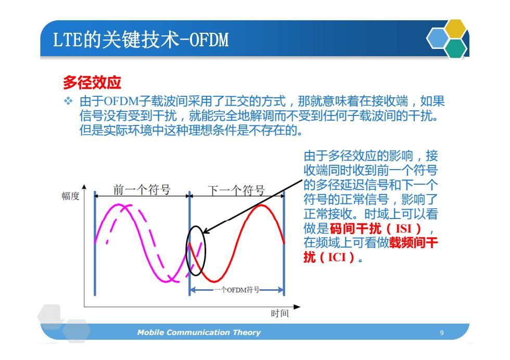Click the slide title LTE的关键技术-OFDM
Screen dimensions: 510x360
(x=141, y=40)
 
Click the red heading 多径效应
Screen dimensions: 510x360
(x=92, y=82)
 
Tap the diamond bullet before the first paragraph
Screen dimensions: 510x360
(x=68, y=101)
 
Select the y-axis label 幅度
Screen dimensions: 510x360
(x=71, y=196)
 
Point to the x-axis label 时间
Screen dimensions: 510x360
(x=280, y=314)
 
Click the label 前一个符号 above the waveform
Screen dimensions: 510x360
(x=142, y=189)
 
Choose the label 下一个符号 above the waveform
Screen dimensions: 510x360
(x=236, y=190)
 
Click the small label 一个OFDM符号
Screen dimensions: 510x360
(x=236, y=290)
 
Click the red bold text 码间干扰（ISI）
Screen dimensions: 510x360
(x=375, y=228)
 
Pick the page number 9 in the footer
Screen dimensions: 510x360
(x=442, y=332)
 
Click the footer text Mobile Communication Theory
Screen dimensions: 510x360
(x=199, y=332)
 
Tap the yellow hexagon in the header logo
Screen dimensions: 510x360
(x=455, y=29)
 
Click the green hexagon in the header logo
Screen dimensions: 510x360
(x=456, y=48)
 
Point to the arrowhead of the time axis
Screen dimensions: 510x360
(x=297, y=306)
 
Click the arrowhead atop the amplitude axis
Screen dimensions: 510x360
(x=84, y=187)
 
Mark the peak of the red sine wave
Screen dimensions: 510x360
(x=261, y=205)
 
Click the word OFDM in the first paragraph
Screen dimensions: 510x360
(x=121, y=101)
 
